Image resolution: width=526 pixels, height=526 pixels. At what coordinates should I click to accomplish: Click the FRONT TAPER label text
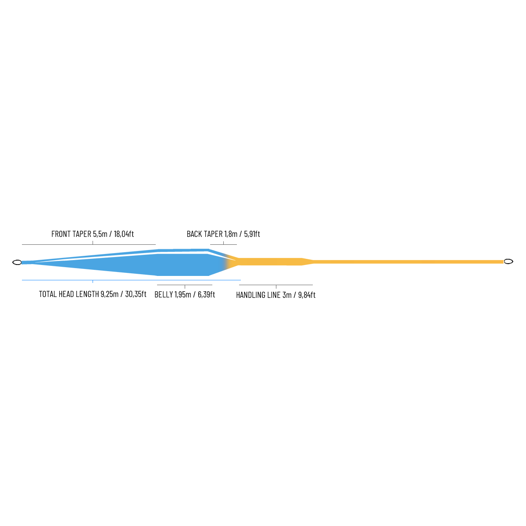pyautogui.click(x=72, y=234)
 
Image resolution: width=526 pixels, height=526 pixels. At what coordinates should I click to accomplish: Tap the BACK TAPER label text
pyautogui.click(x=204, y=234)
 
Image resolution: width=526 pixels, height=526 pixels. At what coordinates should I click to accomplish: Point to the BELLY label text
pyautogui.click(x=164, y=294)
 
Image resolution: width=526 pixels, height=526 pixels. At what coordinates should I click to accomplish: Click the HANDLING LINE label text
pyautogui.click(x=258, y=295)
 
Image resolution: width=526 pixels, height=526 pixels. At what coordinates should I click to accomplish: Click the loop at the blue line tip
pyautogui.click(x=17, y=262)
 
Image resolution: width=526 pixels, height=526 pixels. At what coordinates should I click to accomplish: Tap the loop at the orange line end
pyautogui.click(x=508, y=261)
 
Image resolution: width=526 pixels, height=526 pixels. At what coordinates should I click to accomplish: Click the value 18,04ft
pyautogui.click(x=124, y=234)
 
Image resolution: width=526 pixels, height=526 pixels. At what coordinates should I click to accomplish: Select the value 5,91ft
pyautogui.click(x=252, y=234)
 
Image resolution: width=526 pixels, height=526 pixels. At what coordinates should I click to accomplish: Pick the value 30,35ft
pyautogui.click(x=136, y=294)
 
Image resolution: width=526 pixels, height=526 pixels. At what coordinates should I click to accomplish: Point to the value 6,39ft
pyautogui.click(x=206, y=294)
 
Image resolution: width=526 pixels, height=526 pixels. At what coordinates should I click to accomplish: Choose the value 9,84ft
pyautogui.click(x=307, y=295)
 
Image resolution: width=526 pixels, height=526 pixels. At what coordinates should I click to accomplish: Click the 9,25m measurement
pyautogui.click(x=109, y=294)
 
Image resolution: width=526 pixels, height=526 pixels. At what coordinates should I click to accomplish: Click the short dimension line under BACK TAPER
pyautogui.click(x=223, y=244)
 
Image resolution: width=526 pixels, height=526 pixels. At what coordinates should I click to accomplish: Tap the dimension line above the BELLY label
pyautogui.click(x=185, y=285)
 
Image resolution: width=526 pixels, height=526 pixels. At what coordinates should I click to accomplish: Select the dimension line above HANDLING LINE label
pyautogui.click(x=276, y=285)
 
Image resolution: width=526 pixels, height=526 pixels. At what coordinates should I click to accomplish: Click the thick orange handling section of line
pyautogui.click(x=270, y=262)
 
